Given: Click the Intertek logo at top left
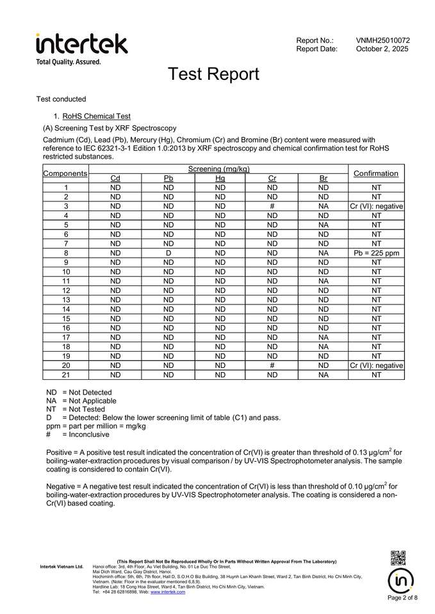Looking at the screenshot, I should coord(81,43).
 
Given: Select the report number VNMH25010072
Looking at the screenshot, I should coord(382,40).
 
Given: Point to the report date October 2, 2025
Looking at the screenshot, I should coord(382,49).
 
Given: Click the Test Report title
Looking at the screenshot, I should coord(213,74).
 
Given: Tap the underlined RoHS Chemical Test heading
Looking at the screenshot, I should coord(96,116).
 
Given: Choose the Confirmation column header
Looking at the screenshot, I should coord(375,173).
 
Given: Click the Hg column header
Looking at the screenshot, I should coord(220,178).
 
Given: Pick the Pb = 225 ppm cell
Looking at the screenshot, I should coord(375,253).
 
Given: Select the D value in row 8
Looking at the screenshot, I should coord(168,253).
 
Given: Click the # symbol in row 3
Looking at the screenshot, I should coord(272,207).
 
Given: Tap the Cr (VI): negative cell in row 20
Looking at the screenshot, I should coord(375,365).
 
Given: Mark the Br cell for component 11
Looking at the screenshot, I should coord(323,281).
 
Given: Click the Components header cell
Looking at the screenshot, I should coord(65,173).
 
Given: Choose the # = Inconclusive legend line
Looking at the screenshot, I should coord(78,434).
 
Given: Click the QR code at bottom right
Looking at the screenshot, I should coord(398,558).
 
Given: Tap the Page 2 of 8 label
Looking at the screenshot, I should coord(402,598).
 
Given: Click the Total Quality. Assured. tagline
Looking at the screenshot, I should coord(69,62).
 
